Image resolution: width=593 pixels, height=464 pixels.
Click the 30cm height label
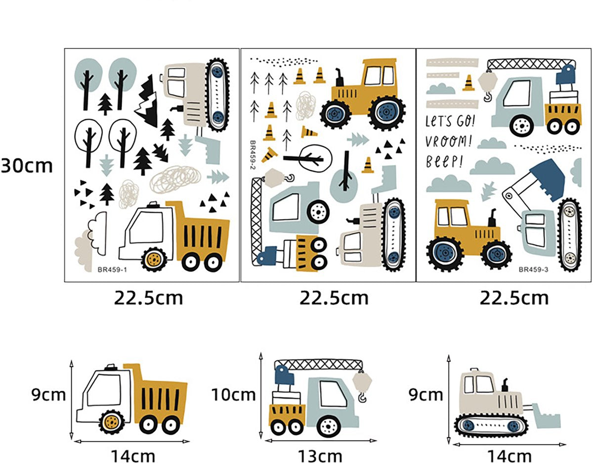[x=27, y=166]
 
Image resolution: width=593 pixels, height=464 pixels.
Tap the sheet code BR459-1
[x=112, y=270]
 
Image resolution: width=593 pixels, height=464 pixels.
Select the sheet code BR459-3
[x=533, y=270]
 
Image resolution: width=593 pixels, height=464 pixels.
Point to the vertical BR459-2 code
[x=253, y=154]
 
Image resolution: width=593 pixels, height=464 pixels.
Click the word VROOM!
[x=448, y=141]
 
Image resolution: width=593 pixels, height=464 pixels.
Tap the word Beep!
[x=444, y=162]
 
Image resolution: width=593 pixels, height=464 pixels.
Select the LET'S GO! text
[x=450, y=120]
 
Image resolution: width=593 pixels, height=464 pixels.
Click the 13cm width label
[x=320, y=457]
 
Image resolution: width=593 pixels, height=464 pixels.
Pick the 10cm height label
[x=234, y=395]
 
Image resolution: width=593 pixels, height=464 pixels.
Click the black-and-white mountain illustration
[x=147, y=100]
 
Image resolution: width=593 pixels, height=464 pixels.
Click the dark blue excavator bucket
[x=547, y=180]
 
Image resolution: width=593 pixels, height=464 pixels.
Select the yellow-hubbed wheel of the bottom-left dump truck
[x=112, y=422]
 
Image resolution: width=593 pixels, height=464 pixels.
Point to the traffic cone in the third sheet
[x=468, y=83]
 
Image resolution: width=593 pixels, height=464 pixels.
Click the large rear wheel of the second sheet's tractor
[x=386, y=112]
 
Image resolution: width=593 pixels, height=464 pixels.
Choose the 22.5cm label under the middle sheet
[x=334, y=298]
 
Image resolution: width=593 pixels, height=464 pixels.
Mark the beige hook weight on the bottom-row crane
[x=362, y=381]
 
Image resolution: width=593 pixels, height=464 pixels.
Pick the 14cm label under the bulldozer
[x=509, y=457]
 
